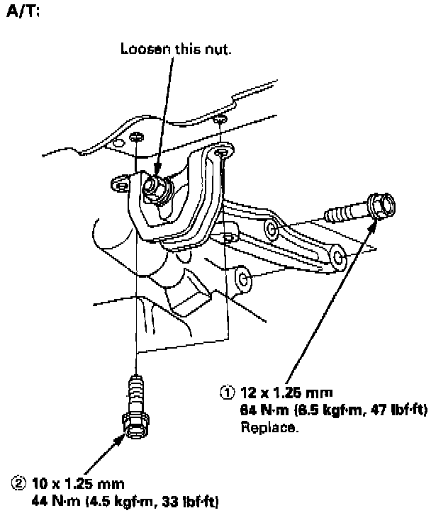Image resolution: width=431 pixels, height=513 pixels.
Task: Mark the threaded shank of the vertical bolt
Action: point(135,391)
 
